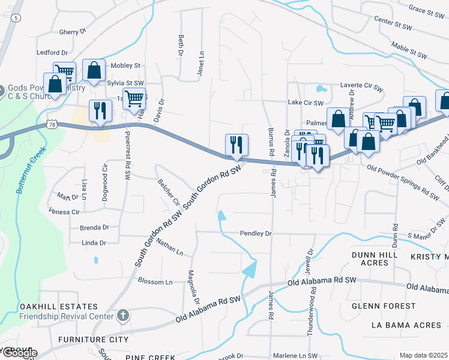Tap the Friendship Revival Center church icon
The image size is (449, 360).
pyautogui.click(x=122, y=315)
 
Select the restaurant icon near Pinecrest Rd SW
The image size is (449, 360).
pyautogui.click(x=100, y=110)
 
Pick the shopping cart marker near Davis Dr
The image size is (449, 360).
pyautogui.click(x=134, y=97)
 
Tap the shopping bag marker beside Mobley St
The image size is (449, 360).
pyautogui.click(x=94, y=70)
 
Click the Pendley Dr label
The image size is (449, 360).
pyautogui.click(x=256, y=233)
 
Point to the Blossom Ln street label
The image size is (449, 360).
pyautogui.click(x=155, y=281)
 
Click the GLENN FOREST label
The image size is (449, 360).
pyautogui.click(x=384, y=306)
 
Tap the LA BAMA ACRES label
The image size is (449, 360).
pyautogui.click(x=406, y=325)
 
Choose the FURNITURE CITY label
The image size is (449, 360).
pyautogui.click(x=93, y=340)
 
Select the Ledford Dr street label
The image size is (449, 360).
pyautogui.click(x=52, y=53)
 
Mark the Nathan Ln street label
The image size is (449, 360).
pyautogui.click(x=169, y=247)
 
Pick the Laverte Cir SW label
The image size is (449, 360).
pyautogui.click(x=361, y=86)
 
